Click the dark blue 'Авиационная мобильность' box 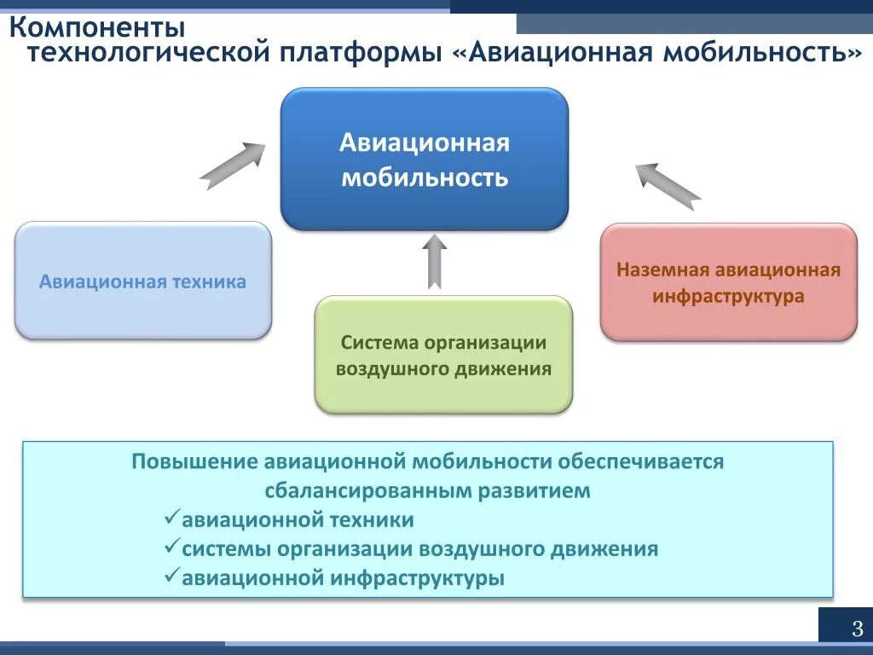(x=425, y=159)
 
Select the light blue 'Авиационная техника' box (x=142, y=281)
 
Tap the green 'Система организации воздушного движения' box (x=443, y=355)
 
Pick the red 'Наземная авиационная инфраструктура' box (x=728, y=282)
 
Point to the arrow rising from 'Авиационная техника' (x=233, y=165)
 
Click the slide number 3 (x=857, y=629)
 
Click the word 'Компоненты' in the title (x=97, y=26)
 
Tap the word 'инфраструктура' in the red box (x=728, y=297)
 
